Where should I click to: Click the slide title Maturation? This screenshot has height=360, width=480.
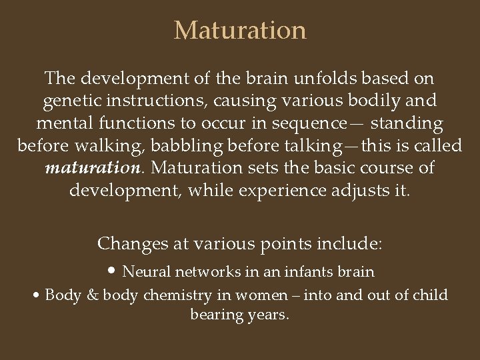click(x=240, y=31)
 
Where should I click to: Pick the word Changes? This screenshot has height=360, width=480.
click(x=130, y=244)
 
